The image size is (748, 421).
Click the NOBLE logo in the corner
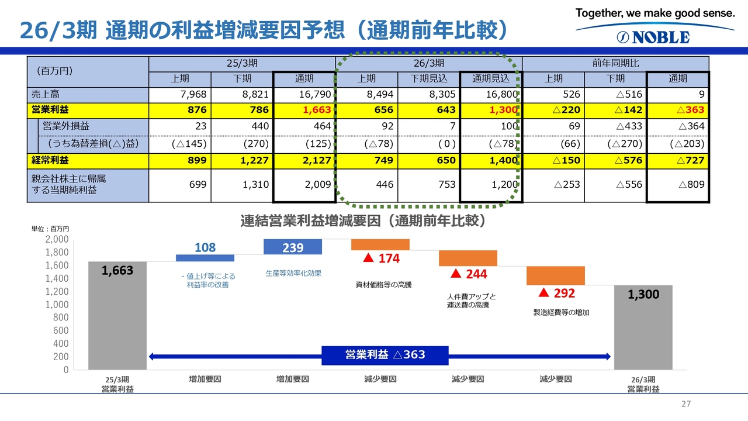[x=653, y=37]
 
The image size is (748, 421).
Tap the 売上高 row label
[x=46, y=94]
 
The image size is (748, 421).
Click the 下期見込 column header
[x=428, y=78]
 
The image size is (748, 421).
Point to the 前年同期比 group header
[x=615, y=63]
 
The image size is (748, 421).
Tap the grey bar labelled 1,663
[x=117, y=316]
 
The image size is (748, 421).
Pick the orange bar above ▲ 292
[x=556, y=275]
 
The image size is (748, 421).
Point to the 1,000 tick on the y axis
[x=57, y=305]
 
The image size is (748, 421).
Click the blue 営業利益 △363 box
[x=385, y=355]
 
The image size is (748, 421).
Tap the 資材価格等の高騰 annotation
[x=383, y=285]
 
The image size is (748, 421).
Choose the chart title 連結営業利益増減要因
[x=362, y=221]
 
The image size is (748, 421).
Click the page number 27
[x=686, y=404]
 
